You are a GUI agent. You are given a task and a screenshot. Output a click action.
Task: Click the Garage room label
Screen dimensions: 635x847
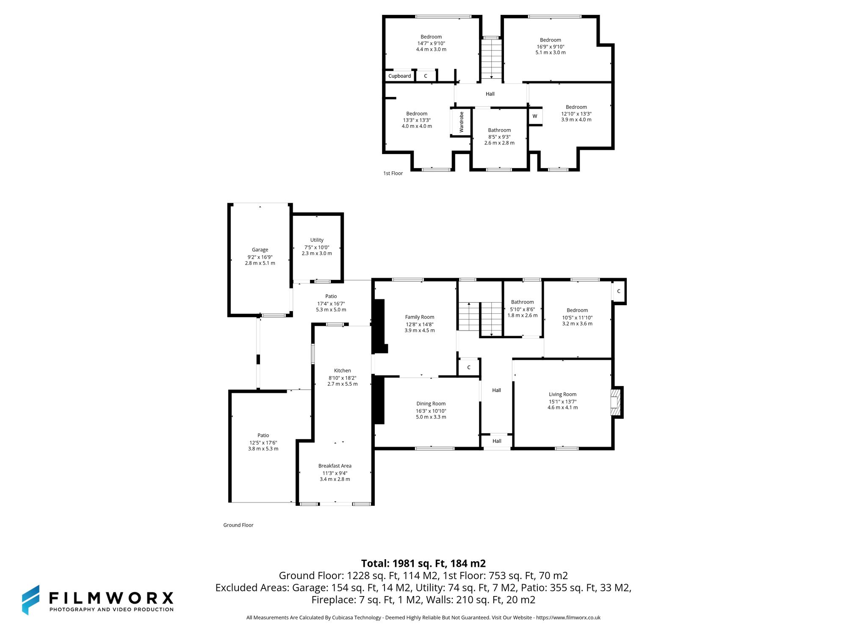260,250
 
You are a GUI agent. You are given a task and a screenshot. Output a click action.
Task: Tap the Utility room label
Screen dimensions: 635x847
317,240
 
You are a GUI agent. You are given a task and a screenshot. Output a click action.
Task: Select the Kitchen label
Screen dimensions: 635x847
342,370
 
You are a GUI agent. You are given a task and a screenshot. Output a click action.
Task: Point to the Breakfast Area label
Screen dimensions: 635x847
335,466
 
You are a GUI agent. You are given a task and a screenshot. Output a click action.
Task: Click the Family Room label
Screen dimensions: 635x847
419,317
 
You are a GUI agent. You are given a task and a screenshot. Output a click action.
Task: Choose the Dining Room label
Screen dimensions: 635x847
431,404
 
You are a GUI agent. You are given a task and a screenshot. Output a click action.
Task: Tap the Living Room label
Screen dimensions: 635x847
562,394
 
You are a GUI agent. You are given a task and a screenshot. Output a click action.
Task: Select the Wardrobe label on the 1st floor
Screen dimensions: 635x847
461,122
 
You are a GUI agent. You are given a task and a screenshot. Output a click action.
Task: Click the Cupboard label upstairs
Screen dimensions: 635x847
399,76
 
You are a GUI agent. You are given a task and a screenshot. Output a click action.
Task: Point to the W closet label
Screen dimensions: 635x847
535,116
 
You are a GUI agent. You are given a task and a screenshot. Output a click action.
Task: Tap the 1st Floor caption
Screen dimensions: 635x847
393,173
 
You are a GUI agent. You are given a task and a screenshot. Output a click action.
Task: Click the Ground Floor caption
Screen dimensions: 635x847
238,525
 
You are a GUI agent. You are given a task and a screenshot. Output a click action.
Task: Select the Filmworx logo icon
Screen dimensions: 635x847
31,600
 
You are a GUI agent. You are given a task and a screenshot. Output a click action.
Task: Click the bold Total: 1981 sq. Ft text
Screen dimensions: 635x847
423,563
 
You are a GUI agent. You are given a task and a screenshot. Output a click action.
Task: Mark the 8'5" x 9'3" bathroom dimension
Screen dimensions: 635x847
499,137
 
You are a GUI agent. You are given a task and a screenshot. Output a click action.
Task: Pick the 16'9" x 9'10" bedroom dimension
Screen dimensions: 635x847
551,47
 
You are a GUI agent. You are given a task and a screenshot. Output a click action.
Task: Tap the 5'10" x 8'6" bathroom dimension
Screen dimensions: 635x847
522,309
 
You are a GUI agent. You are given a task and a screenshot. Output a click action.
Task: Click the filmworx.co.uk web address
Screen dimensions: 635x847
568,618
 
